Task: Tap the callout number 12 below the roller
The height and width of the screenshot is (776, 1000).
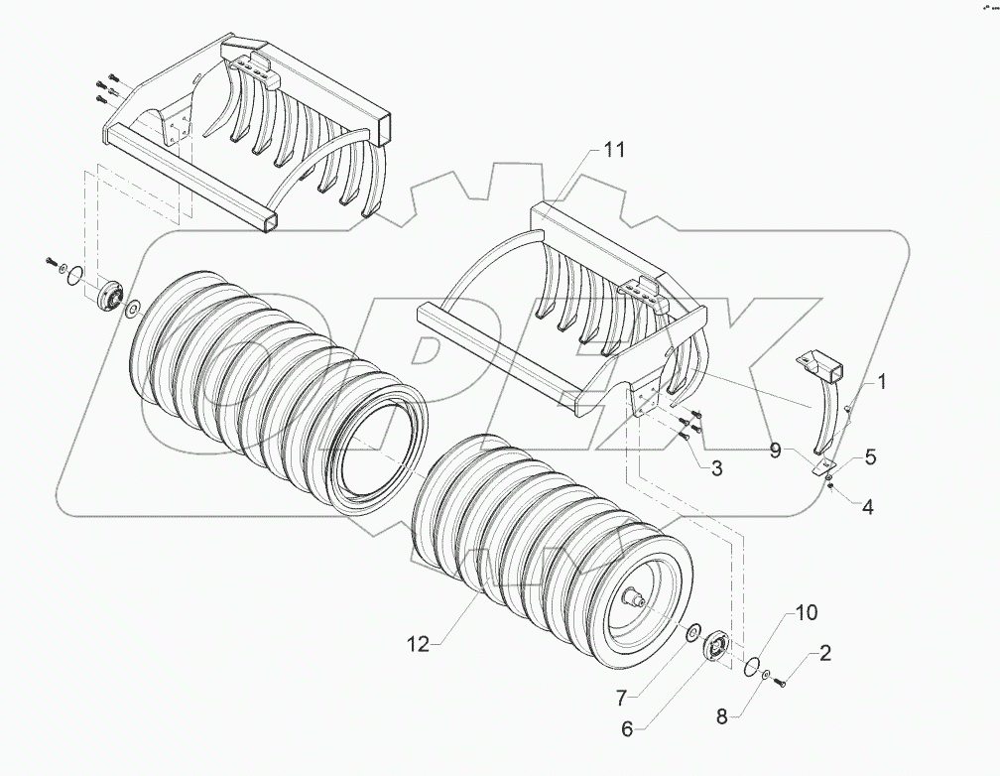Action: point(417,644)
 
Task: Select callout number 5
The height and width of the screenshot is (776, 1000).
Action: point(869,457)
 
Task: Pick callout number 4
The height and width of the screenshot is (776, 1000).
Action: point(866,507)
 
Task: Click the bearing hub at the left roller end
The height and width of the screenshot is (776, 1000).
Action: point(110,295)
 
